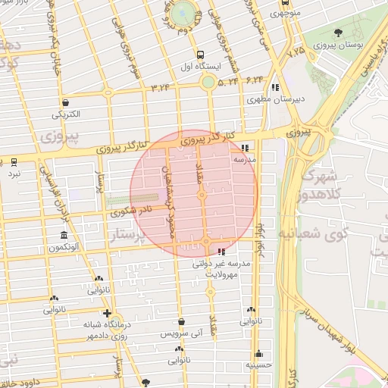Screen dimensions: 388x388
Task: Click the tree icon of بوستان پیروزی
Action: click(x=338, y=32)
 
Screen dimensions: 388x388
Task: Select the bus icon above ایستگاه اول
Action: click(x=199, y=55)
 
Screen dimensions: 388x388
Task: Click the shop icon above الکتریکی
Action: click(x=67, y=102)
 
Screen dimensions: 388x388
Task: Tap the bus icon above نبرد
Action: click(x=14, y=162)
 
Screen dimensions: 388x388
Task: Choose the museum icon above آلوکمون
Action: click(x=63, y=235)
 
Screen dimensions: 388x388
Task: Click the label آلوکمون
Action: click(x=64, y=247)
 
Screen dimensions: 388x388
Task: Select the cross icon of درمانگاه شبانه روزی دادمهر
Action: click(x=107, y=312)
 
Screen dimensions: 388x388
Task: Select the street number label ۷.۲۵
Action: click(x=296, y=50)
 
